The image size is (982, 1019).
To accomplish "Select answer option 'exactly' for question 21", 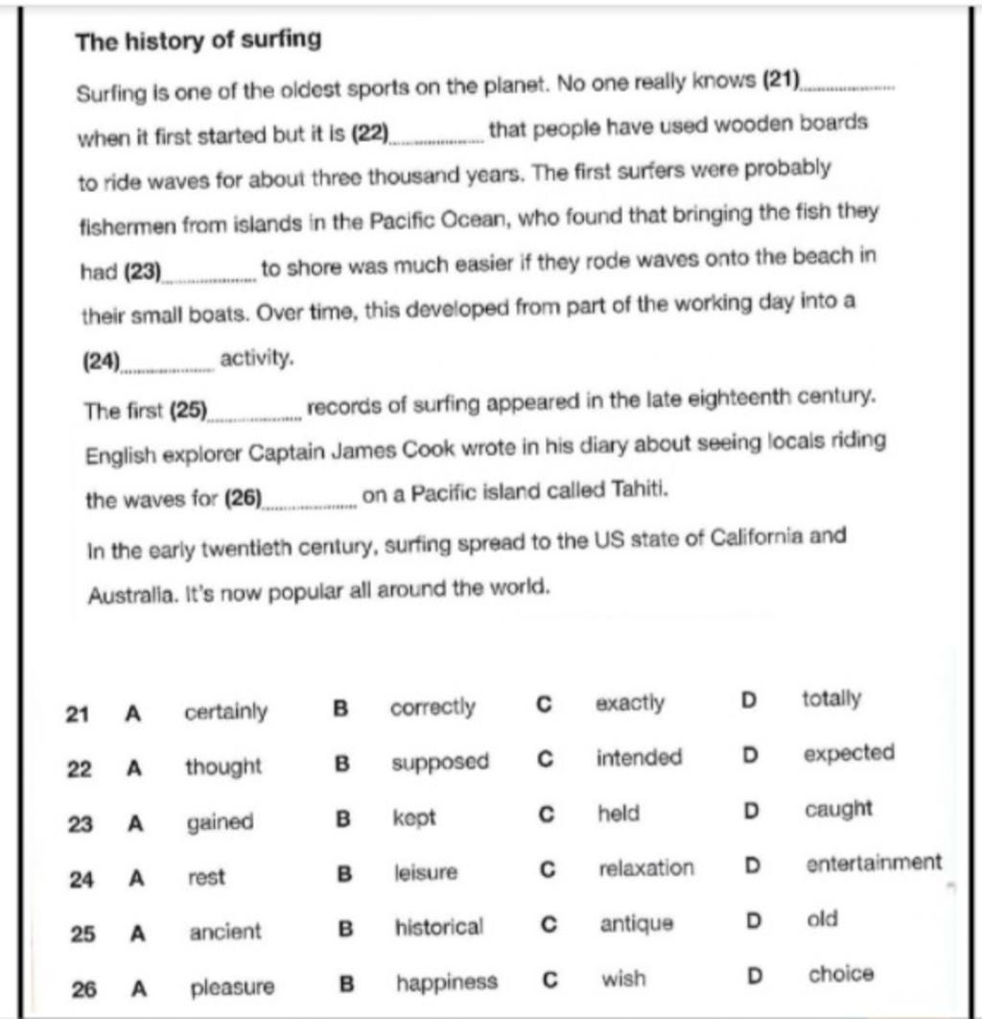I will coord(629,703).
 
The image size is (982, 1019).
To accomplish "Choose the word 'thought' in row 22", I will coord(222,767).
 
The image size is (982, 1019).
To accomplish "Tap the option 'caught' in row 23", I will coord(838,809).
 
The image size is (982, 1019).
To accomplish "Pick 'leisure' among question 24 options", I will coord(426,873).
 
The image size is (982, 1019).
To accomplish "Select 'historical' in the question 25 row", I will coord(439,928).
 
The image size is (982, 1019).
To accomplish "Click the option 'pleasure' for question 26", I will coord(232,986).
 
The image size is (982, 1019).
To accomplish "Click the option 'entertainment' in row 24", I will coord(874,863).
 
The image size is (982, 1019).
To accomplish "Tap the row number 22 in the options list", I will coord(81,770).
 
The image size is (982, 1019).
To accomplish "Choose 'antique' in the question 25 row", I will coord(637,924).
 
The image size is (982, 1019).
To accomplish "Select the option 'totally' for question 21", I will coord(830,699).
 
